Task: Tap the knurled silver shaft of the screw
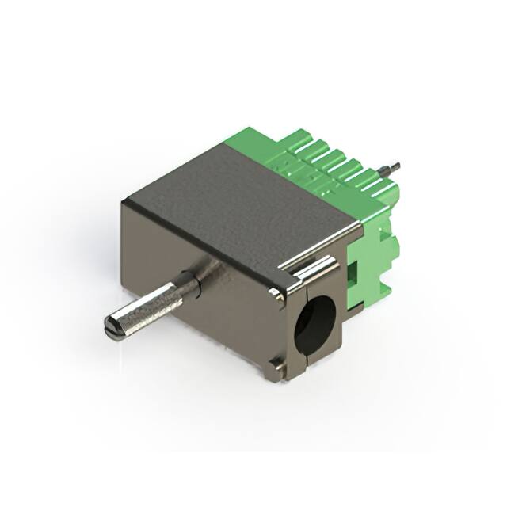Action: (154, 304)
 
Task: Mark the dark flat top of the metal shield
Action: (238, 198)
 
